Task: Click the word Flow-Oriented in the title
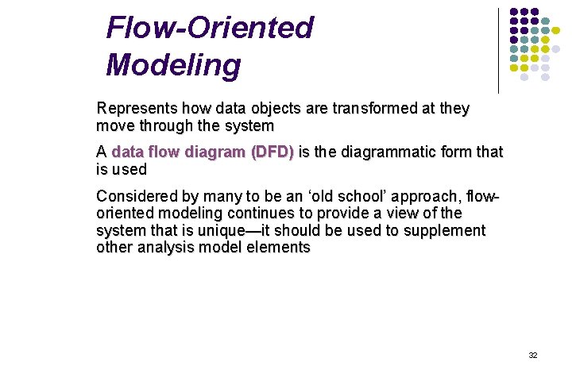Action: pos(210,29)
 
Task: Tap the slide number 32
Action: pos(533,355)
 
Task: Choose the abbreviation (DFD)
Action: pos(272,152)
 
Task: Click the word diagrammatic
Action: pos(385,152)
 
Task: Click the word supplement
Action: pos(446,231)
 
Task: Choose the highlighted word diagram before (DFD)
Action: pos(217,152)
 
